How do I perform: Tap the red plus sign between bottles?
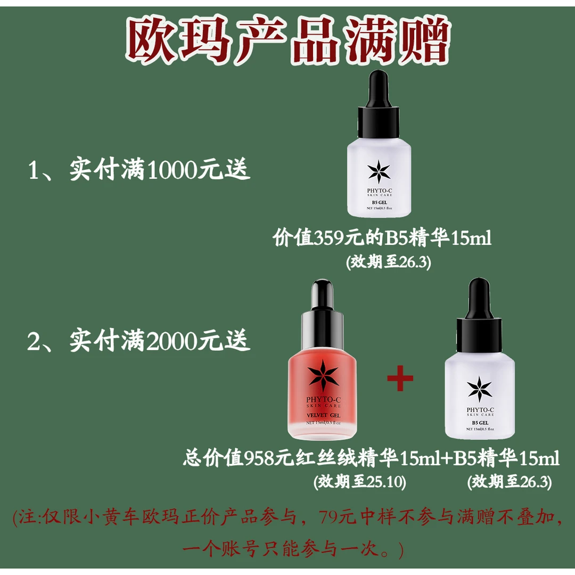coord(400,379)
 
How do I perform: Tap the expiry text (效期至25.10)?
coord(360,482)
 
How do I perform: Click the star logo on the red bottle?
coord(323,376)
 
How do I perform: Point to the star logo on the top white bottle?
coord(380,170)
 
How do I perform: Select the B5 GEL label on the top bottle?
coord(380,202)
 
